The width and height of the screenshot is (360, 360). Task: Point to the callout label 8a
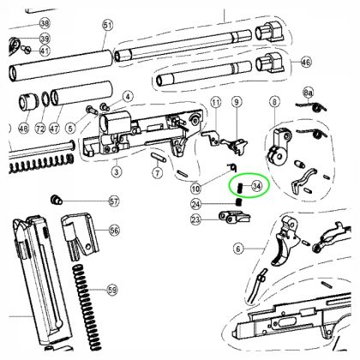[x=308, y=90]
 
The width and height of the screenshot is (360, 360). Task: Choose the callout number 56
[x=112, y=231]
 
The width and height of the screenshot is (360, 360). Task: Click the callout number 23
[x=196, y=220]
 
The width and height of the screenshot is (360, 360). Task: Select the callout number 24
[x=196, y=204]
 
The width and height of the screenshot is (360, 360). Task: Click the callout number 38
[x=45, y=23]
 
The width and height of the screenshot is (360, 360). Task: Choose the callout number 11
[x=215, y=104]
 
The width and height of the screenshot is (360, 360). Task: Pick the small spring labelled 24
[x=235, y=202]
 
